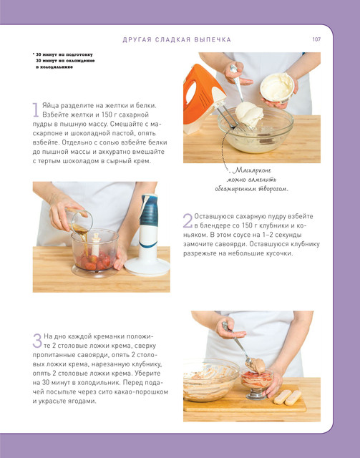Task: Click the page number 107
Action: coord(316,39)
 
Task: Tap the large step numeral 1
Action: coord(35,109)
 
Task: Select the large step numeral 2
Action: coord(188,220)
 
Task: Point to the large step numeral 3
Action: coord(37,341)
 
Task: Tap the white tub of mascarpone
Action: coord(277,88)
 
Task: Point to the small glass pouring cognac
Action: coord(79,221)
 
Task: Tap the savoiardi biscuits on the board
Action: coord(287,398)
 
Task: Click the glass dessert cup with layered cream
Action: coord(256,384)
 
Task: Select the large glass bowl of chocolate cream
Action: coord(211,380)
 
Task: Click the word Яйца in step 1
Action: coord(50,106)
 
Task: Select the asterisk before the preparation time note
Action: coord(34,54)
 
